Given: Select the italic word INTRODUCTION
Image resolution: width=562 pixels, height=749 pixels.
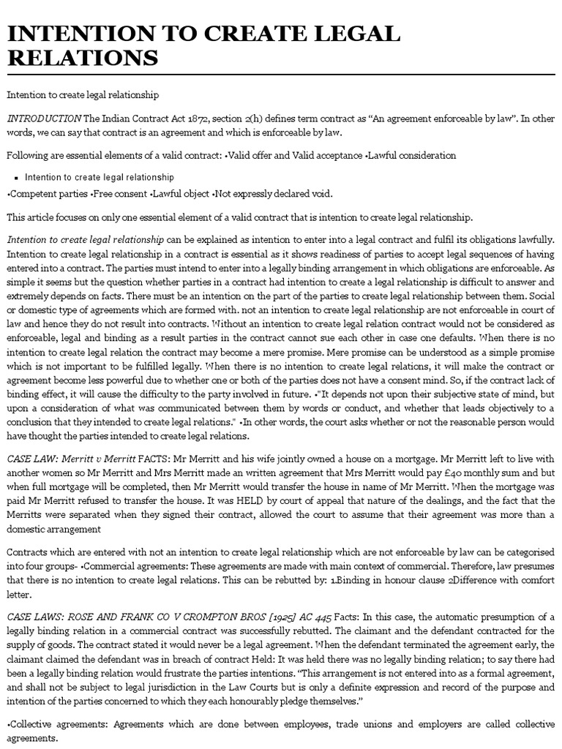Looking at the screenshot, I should (44, 118).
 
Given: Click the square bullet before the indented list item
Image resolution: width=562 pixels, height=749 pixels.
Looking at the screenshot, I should (15, 178).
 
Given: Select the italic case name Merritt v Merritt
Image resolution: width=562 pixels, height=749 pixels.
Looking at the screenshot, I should (90, 458).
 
